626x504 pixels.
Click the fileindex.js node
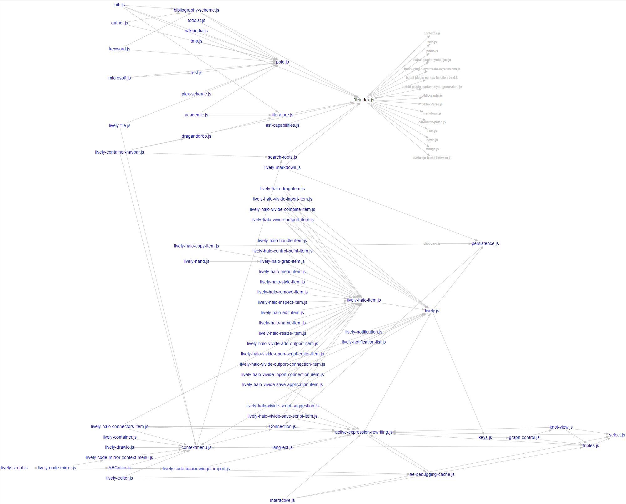coord(364,100)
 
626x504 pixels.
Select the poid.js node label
coord(282,62)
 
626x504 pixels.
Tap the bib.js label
coord(120,5)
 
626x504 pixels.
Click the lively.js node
coord(432,311)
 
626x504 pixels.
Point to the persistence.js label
coord(485,243)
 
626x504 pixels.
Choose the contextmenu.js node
coord(196,447)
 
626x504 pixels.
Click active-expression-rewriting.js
coord(364,432)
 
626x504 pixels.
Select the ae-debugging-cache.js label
coord(432,474)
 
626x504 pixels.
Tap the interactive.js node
coord(282,500)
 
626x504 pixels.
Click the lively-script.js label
coord(14,468)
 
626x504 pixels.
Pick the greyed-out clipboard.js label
coord(432,243)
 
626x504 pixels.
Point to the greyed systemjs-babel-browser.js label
coord(432,158)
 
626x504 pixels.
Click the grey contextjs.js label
coord(432,33)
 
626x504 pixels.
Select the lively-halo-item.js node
coord(364,300)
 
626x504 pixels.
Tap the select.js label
coord(617,435)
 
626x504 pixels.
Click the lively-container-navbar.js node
coord(120,152)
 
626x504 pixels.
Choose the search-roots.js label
coord(282,157)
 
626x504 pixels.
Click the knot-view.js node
coord(561,427)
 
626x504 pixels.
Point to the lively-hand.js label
coord(196,261)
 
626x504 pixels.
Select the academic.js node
coord(196,115)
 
